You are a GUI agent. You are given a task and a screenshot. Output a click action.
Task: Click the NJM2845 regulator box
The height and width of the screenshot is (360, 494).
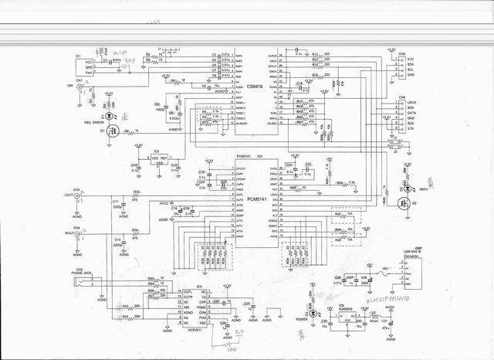click(345, 316)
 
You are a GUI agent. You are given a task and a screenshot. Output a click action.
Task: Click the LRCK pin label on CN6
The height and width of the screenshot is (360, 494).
click(412, 104)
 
